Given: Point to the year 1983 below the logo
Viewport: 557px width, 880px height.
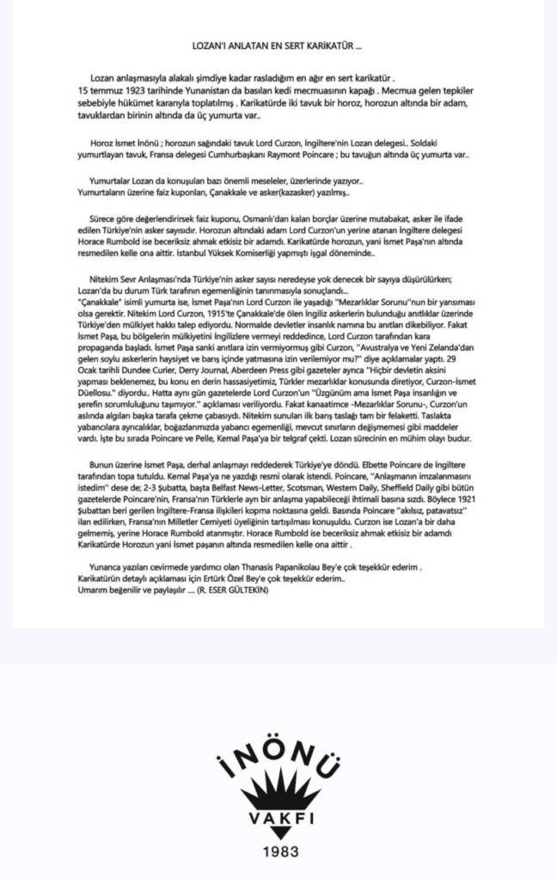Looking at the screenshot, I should (x=278, y=852).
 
